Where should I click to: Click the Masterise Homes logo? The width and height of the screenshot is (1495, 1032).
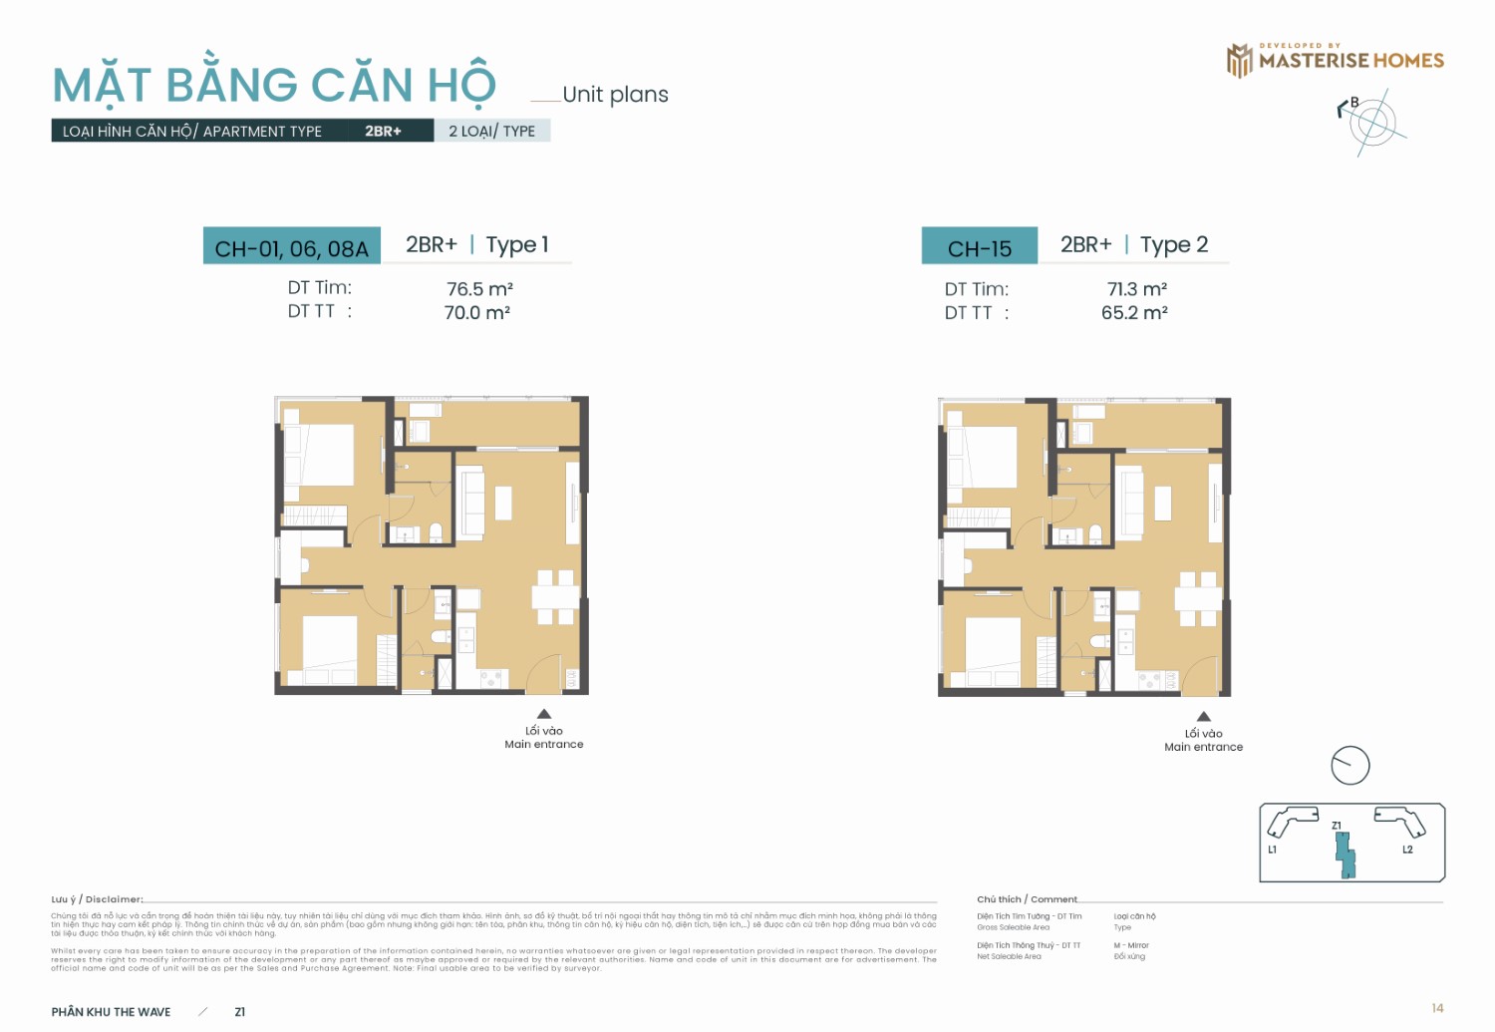point(1335,60)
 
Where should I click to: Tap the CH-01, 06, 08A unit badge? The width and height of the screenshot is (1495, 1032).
point(291,247)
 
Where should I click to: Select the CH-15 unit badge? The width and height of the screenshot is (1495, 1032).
point(979,247)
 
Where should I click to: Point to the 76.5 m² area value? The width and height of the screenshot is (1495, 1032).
point(479,289)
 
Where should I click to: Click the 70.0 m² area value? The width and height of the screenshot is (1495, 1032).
point(477,313)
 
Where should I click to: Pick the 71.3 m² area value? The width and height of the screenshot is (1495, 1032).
point(1137,289)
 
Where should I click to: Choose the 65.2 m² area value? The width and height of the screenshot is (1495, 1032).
point(1134,313)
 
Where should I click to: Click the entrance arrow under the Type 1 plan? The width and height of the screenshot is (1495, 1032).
point(544,714)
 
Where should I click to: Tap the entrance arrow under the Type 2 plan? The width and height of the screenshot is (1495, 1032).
point(1204,716)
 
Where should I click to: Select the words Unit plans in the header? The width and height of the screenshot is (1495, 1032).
point(615,95)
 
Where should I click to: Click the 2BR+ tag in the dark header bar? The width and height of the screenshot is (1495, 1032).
point(383,131)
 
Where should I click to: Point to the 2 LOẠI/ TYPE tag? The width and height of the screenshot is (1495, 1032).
point(491,131)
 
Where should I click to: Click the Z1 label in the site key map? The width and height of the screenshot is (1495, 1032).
point(1337,826)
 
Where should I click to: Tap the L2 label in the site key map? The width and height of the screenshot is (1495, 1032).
point(1407,850)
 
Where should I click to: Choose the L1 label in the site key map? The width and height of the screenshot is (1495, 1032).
point(1272,850)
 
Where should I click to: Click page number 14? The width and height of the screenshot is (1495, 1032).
point(1437,1008)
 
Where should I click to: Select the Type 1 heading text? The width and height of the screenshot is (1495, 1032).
point(517,245)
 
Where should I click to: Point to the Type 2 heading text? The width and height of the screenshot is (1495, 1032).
point(1174,245)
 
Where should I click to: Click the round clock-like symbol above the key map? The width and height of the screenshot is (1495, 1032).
point(1350,765)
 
